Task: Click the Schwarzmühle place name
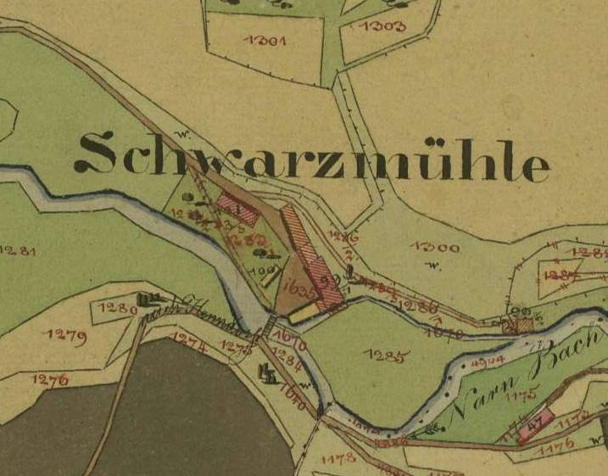click(311, 159)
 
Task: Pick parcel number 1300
click(435, 248)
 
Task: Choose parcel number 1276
click(51, 379)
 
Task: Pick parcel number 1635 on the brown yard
click(301, 287)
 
